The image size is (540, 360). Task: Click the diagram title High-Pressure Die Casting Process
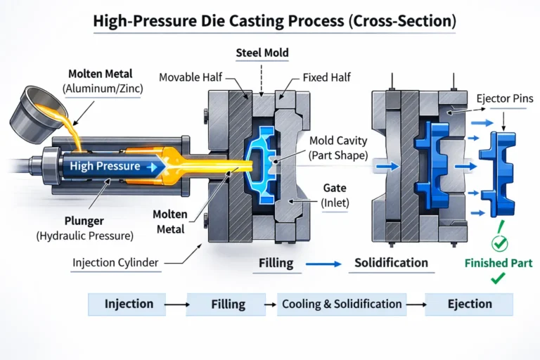[x=274, y=21]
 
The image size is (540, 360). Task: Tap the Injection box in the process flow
[x=129, y=304]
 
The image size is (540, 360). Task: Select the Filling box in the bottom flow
[x=228, y=304]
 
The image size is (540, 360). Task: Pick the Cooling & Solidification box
[x=342, y=304]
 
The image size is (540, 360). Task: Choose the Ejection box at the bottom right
[x=470, y=304]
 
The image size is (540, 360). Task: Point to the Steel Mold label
[x=262, y=52]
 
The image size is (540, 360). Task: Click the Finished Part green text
[x=498, y=263]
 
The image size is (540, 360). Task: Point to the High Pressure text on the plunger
[x=105, y=167]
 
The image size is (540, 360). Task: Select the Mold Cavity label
[x=342, y=148]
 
